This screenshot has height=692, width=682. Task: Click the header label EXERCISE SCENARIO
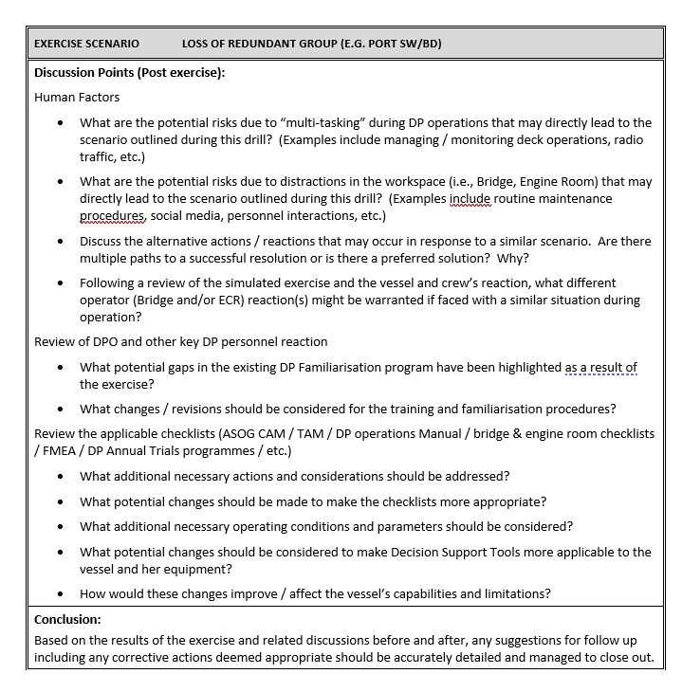[86, 44]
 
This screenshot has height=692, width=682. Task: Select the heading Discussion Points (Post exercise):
[129, 73]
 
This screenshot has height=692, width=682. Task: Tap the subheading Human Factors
[77, 97]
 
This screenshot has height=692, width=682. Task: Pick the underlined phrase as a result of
[601, 367]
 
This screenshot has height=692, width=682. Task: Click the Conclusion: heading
[67, 619]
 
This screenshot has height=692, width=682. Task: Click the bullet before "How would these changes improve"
[62, 594]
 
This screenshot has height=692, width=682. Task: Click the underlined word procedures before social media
[112, 215]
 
